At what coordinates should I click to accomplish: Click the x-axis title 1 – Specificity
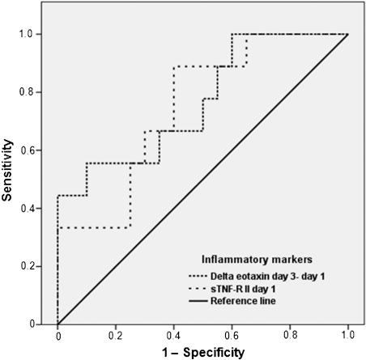coord(202,352)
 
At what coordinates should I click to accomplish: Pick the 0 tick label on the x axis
coord(57,335)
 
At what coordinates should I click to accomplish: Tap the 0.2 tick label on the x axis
coord(116,335)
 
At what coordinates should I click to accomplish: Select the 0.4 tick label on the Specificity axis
coord(173,335)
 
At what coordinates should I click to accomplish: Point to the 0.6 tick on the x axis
coord(232,335)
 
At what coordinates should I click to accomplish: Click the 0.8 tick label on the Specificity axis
coord(290,335)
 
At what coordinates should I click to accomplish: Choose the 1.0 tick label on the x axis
coord(347,335)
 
